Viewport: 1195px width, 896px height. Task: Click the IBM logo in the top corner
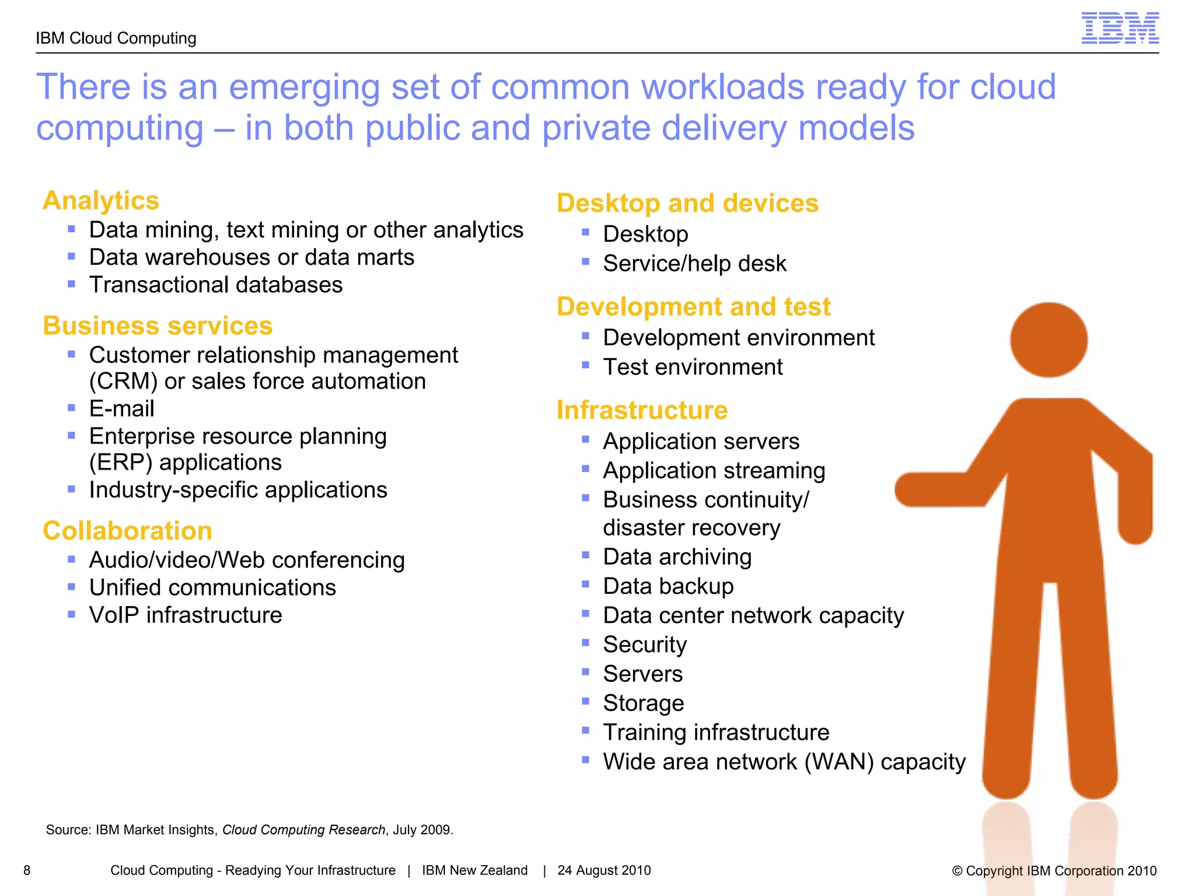1120,29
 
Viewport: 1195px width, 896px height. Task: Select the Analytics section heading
101,201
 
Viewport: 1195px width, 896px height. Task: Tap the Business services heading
158,325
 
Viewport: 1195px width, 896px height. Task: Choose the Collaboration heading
127,531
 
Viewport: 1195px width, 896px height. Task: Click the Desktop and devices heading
687,204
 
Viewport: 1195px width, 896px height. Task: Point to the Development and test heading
693,307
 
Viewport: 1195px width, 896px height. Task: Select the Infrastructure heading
642,410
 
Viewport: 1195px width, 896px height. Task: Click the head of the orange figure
1049,339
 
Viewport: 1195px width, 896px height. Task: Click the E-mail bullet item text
121,409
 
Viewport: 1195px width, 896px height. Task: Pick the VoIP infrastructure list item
186,615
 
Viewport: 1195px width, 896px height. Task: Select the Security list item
645,645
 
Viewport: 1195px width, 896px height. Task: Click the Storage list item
643,703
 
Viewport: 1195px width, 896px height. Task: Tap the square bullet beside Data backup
586,584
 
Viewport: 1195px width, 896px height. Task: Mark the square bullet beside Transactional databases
71,284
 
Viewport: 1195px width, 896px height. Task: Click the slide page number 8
27,870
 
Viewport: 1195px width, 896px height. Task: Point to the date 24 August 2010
604,870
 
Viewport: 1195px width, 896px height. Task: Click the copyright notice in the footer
1054,871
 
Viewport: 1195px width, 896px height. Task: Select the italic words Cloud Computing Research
303,829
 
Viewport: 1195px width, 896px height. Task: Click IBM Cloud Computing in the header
116,38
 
